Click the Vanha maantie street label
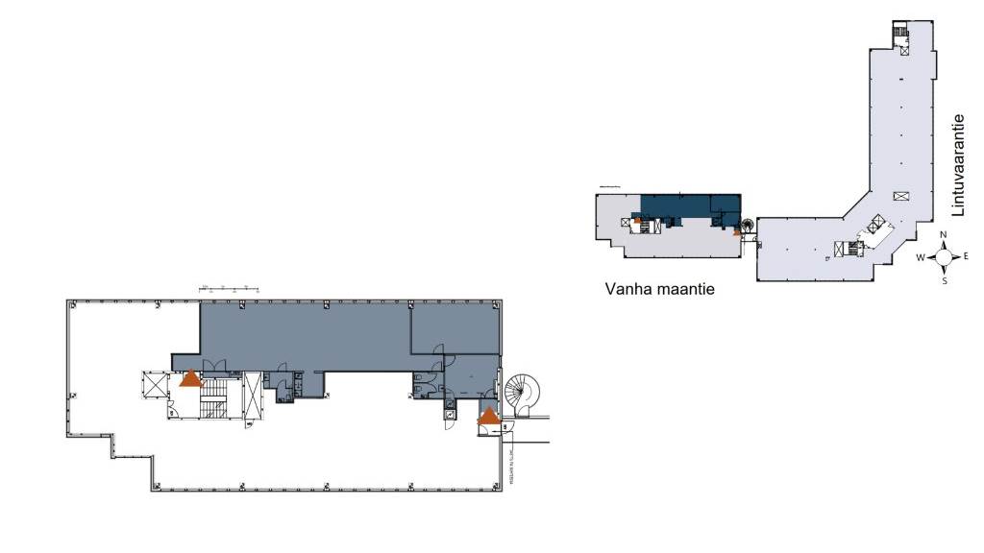(x=662, y=288)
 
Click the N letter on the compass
(x=945, y=235)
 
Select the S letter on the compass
(x=945, y=281)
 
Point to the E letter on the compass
(x=967, y=257)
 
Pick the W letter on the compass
(x=921, y=257)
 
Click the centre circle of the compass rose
(x=945, y=257)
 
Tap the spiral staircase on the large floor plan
(x=523, y=393)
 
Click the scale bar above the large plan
(x=230, y=288)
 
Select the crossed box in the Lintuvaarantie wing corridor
(x=900, y=196)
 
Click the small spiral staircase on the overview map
(x=747, y=228)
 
